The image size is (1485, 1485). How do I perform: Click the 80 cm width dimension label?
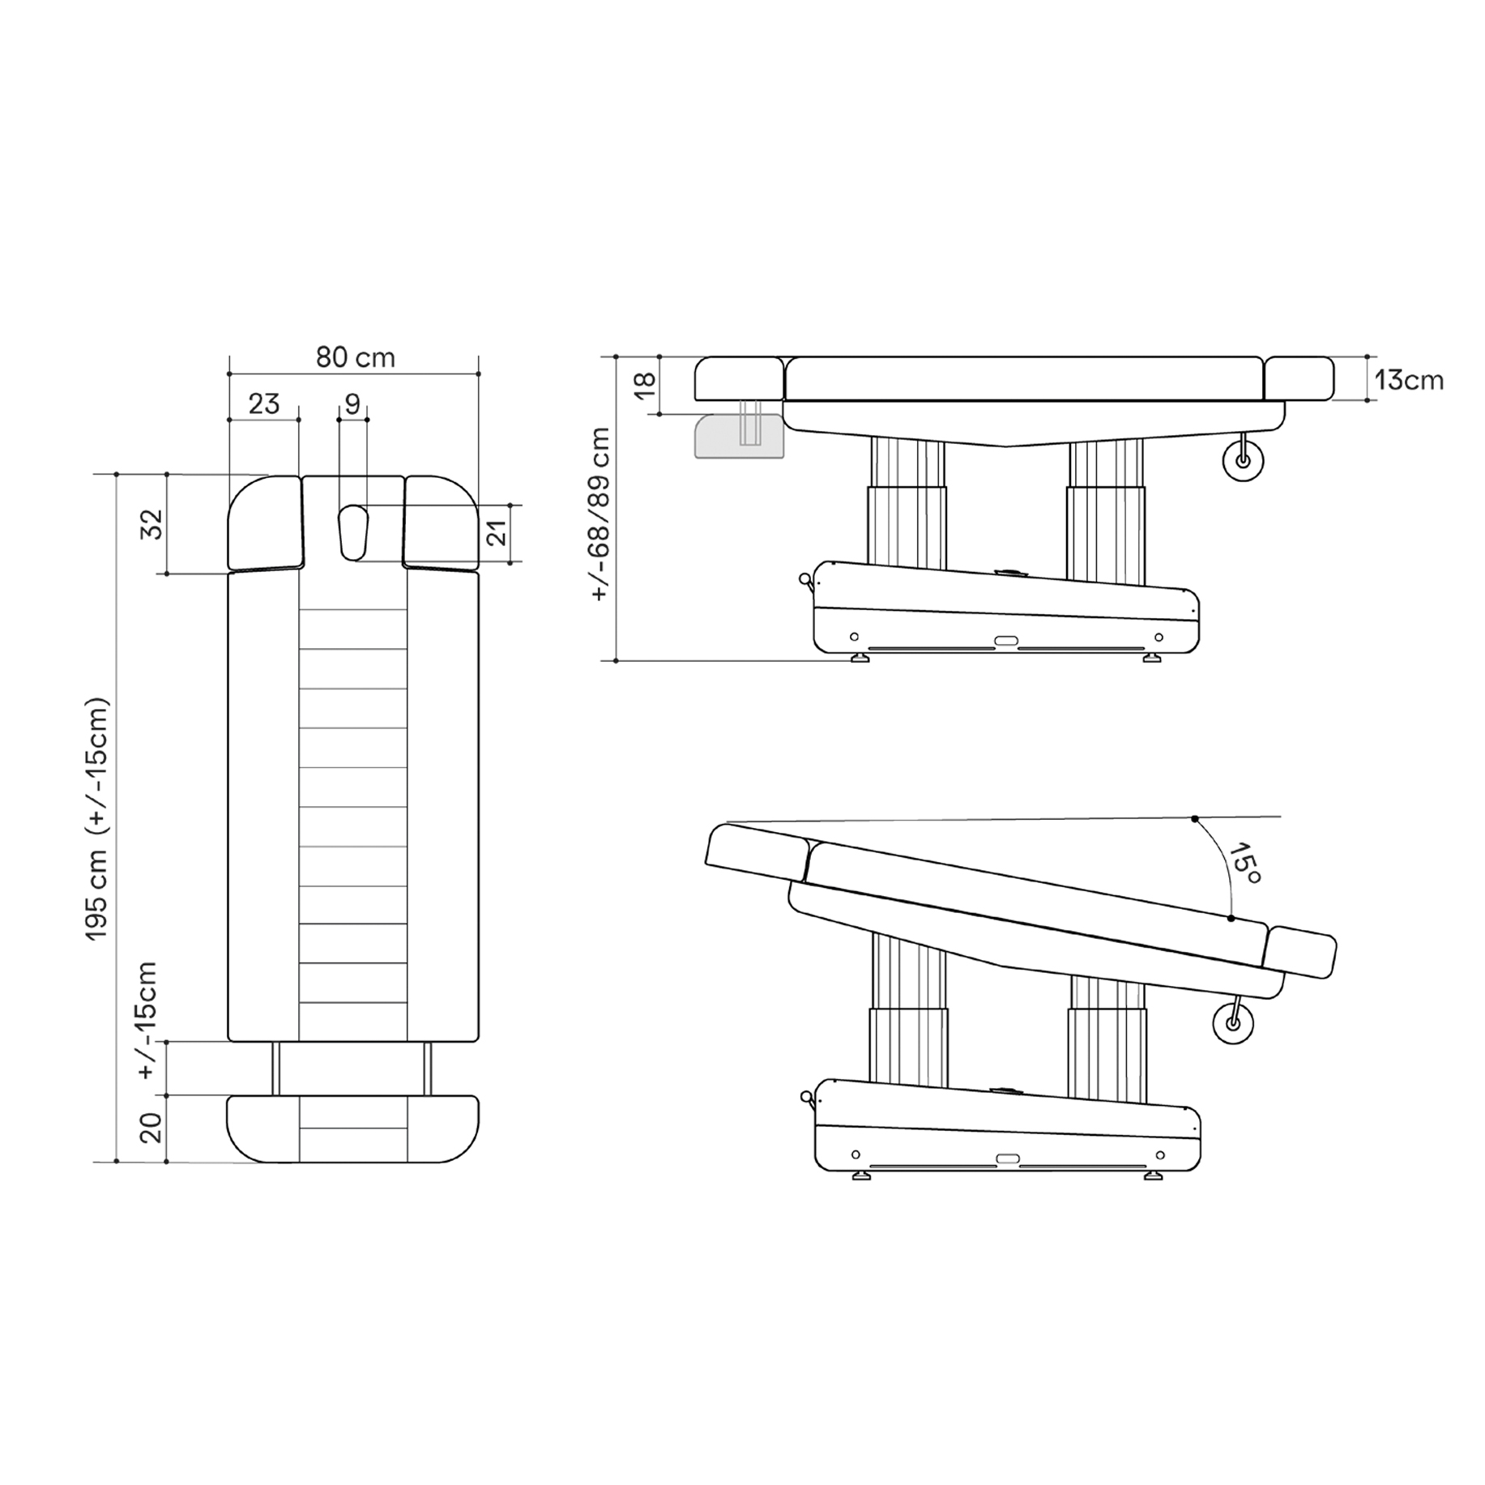pyautogui.click(x=355, y=357)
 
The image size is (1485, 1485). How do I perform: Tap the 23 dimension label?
pyautogui.click(x=263, y=403)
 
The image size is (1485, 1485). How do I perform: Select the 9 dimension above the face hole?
pyautogui.click(x=352, y=403)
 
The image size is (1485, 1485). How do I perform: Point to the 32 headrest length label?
pyautogui.click(x=152, y=524)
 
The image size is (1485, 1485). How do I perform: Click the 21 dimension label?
pyautogui.click(x=497, y=532)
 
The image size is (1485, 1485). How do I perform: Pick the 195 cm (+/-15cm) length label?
pyautogui.click(x=97, y=818)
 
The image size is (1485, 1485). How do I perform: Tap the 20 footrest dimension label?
pyautogui.click(x=151, y=1127)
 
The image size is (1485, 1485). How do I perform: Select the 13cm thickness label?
pyautogui.click(x=1409, y=380)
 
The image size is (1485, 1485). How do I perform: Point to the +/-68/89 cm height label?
pyautogui.click(x=600, y=514)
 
